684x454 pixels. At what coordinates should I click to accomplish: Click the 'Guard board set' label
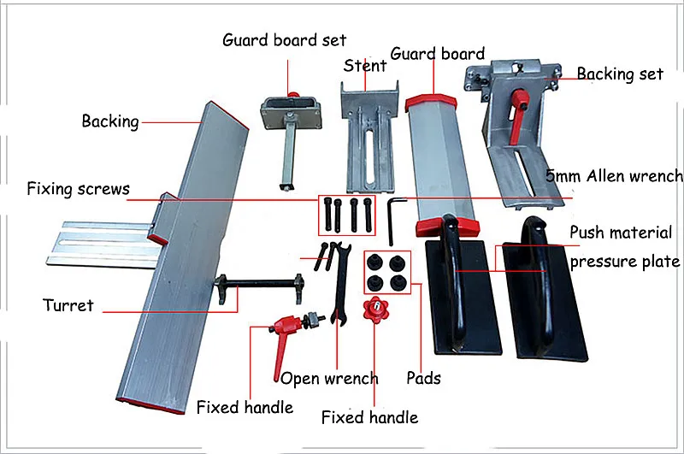coord(284,40)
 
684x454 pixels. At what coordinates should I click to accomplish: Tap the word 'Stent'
coord(365,66)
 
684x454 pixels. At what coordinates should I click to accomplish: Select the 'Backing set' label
coord(620,74)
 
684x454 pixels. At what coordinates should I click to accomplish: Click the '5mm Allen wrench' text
coord(615,176)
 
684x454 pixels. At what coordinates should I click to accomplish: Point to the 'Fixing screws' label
coord(78,188)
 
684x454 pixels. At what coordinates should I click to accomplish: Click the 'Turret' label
coord(68,304)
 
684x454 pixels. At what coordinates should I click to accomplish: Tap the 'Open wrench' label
coord(329,378)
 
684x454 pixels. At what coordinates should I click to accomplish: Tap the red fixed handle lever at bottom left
coord(286,326)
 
